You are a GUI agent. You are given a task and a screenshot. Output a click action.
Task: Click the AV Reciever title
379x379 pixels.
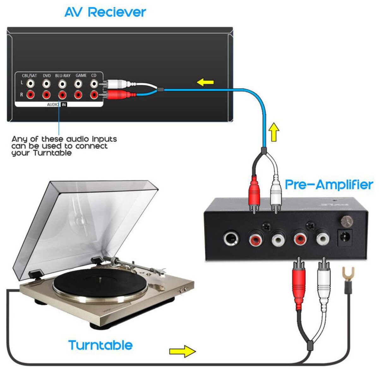tap(105, 12)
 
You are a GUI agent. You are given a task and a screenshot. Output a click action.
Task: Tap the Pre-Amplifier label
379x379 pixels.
tap(329, 184)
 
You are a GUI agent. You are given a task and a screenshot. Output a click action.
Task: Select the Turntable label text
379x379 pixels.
tap(100, 345)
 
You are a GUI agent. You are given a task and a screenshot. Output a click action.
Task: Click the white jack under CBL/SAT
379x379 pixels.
tap(31, 84)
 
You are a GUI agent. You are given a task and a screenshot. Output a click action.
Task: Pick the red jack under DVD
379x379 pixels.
tap(47, 94)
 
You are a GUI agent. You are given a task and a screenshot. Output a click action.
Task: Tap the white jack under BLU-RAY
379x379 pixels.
tap(63, 84)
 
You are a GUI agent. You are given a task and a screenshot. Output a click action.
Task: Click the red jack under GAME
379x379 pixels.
tap(78, 94)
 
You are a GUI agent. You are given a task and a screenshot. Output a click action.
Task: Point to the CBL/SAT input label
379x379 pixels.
tap(29, 76)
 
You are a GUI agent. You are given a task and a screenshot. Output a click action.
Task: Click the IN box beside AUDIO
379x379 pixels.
tap(63, 105)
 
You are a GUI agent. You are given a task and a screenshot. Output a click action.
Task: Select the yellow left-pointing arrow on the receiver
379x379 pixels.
tap(205, 83)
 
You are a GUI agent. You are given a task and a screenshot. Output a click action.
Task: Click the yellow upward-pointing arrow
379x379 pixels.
tap(274, 132)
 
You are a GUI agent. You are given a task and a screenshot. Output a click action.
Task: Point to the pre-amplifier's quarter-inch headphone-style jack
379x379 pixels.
tap(232, 239)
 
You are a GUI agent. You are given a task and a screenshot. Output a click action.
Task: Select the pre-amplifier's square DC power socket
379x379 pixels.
tap(345, 238)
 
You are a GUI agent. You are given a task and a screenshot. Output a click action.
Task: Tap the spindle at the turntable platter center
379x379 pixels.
tap(100, 279)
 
